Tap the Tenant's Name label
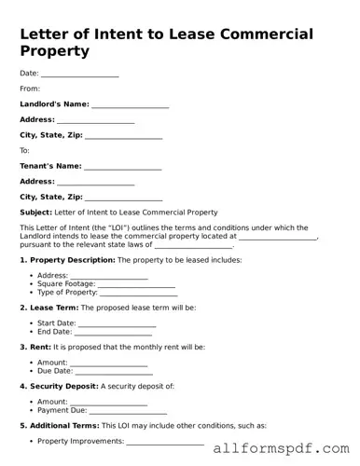tap(50, 166)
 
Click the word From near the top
tap(30, 89)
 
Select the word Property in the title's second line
tap(55, 51)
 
